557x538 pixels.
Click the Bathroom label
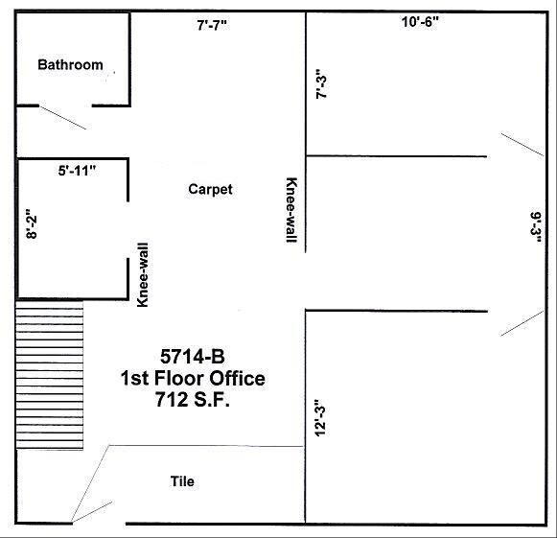(70, 65)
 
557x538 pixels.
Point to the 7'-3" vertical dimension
(322, 82)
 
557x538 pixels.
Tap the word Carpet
(210, 189)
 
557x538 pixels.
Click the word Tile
(182, 481)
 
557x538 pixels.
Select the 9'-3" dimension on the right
(537, 229)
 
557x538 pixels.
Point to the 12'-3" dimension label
(322, 418)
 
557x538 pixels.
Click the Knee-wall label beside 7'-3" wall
(290, 211)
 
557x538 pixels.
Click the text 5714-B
(193, 355)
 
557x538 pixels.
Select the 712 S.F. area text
(193, 400)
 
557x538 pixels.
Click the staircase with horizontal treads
(50, 373)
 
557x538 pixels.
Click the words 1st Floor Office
(193, 378)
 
